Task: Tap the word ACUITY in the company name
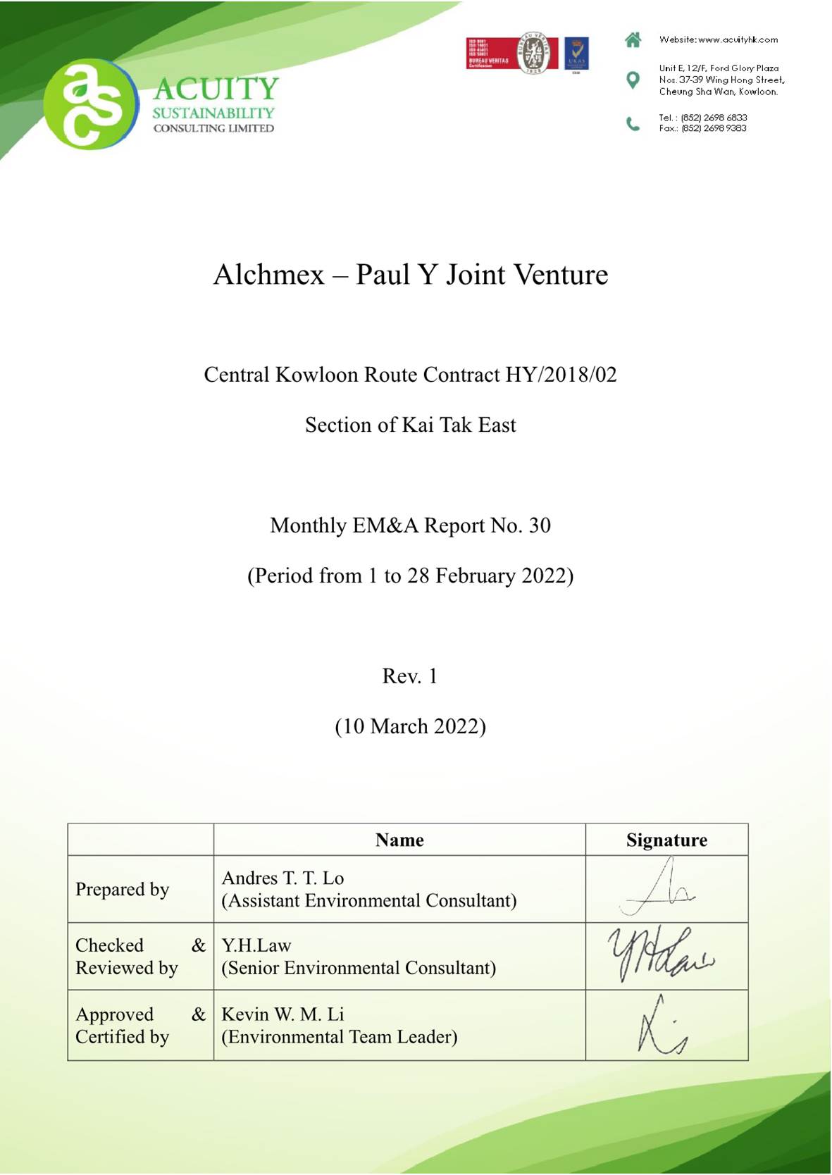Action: point(216,89)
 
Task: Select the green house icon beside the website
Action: point(633,40)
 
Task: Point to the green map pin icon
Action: point(633,80)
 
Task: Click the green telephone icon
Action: point(633,124)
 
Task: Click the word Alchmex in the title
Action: point(268,275)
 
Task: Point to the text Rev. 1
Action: point(409,676)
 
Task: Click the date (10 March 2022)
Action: point(410,726)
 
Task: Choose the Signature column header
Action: point(666,840)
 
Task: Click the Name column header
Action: point(399,840)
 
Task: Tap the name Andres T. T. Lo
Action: point(282,878)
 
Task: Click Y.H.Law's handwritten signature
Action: point(660,955)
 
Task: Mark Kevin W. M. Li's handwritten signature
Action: point(661,1026)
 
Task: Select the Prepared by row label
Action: point(122,889)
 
